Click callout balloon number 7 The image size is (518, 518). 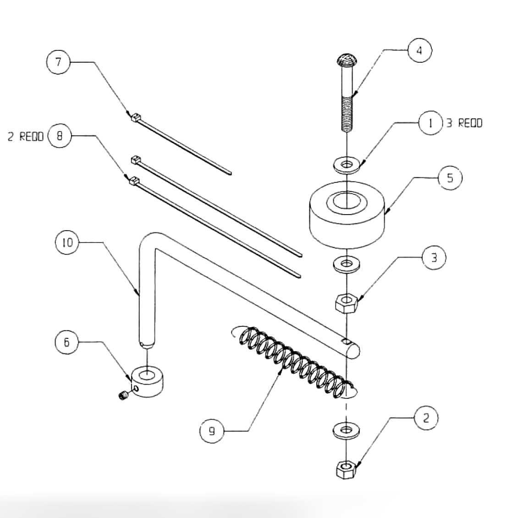[58, 62]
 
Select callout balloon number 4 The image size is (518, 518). [420, 50]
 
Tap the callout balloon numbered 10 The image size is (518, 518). [67, 242]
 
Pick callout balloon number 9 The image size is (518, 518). [211, 431]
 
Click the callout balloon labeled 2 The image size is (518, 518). [426, 418]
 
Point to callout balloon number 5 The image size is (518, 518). [450, 178]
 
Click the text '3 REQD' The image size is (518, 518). [464, 123]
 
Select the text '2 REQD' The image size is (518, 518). [26, 137]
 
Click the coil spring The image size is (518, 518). [293, 362]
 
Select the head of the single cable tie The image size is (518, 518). [135, 119]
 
